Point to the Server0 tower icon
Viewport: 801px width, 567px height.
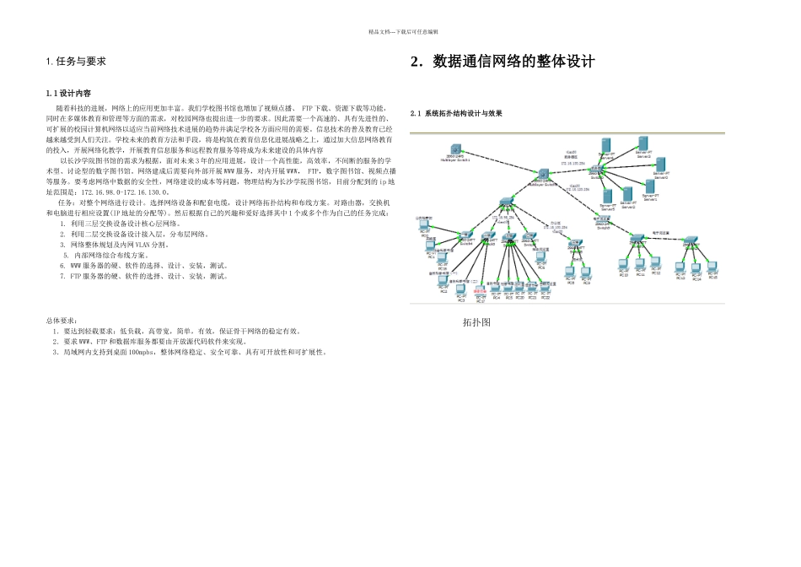661,164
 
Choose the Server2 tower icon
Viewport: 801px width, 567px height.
627,195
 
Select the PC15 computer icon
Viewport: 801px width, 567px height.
712,267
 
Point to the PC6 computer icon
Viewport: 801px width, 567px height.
540,257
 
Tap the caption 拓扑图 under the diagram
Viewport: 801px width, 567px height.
476,322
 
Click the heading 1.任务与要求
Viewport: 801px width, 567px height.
76,62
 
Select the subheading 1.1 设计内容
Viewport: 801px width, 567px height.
68,93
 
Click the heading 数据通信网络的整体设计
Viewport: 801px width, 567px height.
503,62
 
